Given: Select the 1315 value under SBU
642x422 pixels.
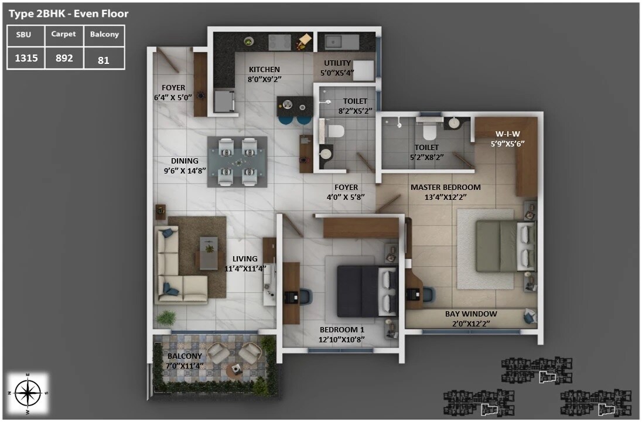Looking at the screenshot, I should [26, 58].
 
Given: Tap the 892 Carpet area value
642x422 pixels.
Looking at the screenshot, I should [63, 58].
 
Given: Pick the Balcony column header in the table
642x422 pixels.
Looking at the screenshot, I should [104, 35].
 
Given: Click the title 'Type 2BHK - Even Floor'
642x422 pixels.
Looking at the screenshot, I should [69, 13].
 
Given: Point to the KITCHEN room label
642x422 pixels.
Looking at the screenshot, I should [264, 69].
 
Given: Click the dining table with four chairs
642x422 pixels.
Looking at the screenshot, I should [237, 162].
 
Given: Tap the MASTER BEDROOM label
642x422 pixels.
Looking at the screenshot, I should [445, 188].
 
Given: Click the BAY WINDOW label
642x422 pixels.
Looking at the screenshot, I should [471, 314].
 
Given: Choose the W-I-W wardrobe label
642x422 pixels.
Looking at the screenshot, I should [507, 134].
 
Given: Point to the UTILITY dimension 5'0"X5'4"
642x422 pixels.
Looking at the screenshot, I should [337, 73].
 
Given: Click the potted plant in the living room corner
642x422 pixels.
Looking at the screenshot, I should [166, 318].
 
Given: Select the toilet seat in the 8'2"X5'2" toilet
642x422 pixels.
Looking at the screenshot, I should [333, 131].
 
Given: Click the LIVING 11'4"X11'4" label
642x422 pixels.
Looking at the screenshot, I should [245, 264].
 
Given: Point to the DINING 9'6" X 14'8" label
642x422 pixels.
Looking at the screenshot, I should [185, 165].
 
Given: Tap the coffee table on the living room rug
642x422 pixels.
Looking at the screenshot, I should [209, 252].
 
